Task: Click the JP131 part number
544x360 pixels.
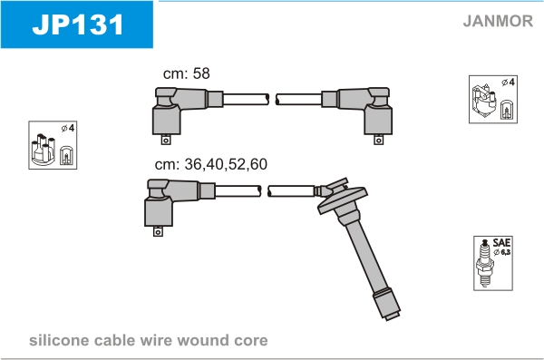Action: pyautogui.click(x=78, y=24)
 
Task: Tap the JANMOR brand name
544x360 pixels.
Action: pyautogui.click(x=498, y=21)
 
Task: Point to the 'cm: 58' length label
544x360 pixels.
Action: pyautogui.click(x=186, y=73)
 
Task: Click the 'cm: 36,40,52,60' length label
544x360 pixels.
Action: pyautogui.click(x=211, y=164)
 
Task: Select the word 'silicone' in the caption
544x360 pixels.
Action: pyautogui.click(x=59, y=340)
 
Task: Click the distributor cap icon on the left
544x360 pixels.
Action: pyautogui.click(x=44, y=150)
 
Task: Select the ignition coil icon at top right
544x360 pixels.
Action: pyautogui.click(x=484, y=101)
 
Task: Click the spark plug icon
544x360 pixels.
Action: pyautogui.click(x=485, y=263)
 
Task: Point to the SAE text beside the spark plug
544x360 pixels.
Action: pyautogui.click(x=501, y=242)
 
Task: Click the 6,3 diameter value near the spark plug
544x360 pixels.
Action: pyautogui.click(x=505, y=252)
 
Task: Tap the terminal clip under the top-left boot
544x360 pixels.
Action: pyautogui.click(x=166, y=140)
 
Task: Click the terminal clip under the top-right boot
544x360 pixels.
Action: pyautogui.click(x=378, y=140)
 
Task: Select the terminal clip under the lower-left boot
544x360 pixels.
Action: pyautogui.click(x=158, y=231)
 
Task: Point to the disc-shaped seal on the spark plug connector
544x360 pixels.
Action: pyautogui.click(x=343, y=200)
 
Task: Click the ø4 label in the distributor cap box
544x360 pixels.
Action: pyautogui.click(x=68, y=128)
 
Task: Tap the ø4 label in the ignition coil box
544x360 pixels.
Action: pyautogui.click(x=509, y=83)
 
